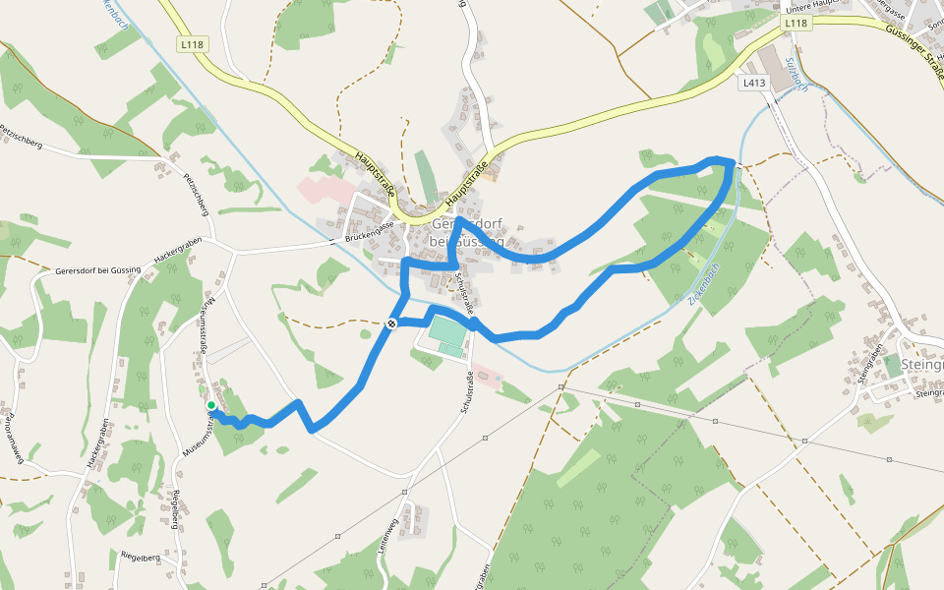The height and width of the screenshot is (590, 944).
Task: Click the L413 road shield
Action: tap(753, 84)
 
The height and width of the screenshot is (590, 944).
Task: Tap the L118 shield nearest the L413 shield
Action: tap(796, 23)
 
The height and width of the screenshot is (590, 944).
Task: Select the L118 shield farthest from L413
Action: tap(192, 44)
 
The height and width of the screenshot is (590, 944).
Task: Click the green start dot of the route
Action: tap(211, 405)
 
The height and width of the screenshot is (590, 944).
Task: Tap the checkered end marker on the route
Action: tap(392, 323)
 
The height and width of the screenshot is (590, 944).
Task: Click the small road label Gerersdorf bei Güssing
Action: tap(98, 269)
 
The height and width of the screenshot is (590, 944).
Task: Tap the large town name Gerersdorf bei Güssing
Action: tap(468, 232)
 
